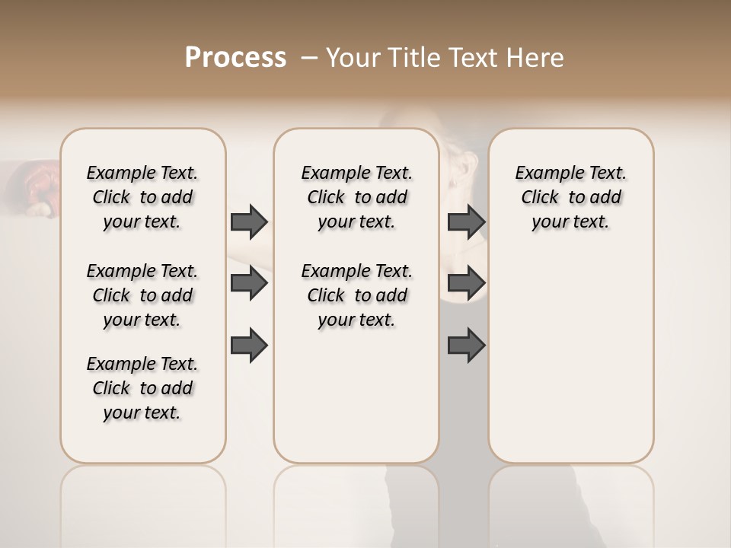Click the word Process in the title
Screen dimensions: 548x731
point(235,58)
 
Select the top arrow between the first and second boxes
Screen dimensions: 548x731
point(249,221)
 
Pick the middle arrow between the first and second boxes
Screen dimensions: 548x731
point(249,283)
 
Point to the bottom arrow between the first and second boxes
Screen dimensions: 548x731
point(249,345)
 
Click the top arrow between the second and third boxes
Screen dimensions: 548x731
point(466,221)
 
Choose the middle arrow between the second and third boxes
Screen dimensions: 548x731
point(466,283)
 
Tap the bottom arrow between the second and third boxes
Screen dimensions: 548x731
point(466,345)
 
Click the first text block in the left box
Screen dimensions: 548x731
point(142,197)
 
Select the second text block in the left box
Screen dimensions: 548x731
point(142,295)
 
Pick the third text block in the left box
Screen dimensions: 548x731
point(142,388)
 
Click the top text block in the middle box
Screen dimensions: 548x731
point(356,197)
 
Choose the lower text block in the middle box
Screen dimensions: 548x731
point(356,295)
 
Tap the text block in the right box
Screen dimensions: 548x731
point(570,197)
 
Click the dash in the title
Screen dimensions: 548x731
point(309,58)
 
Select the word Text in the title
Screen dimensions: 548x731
point(471,58)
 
